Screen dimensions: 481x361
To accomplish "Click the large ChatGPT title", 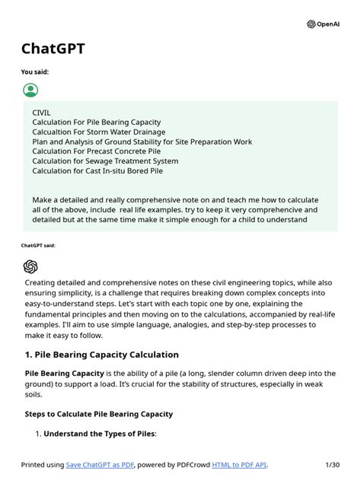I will (x=53, y=49).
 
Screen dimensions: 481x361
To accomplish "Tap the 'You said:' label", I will (x=35, y=73).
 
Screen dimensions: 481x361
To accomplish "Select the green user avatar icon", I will (x=30, y=91).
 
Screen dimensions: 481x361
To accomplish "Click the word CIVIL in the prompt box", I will (x=41, y=112).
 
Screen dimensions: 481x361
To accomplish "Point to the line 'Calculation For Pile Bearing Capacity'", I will (x=96, y=122).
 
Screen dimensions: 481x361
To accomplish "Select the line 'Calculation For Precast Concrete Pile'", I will (x=96, y=151).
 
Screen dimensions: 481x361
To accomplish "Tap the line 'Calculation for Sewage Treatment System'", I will (x=105, y=161).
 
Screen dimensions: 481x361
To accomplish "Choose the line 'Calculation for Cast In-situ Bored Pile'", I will (x=97, y=171).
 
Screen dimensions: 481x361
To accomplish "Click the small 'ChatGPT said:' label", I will (x=38, y=246).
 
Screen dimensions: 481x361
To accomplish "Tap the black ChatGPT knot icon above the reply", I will (x=30, y=266).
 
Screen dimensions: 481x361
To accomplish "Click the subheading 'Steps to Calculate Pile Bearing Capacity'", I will (x=98, y=414).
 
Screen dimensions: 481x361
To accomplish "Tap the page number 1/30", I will (x=331, y=464).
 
